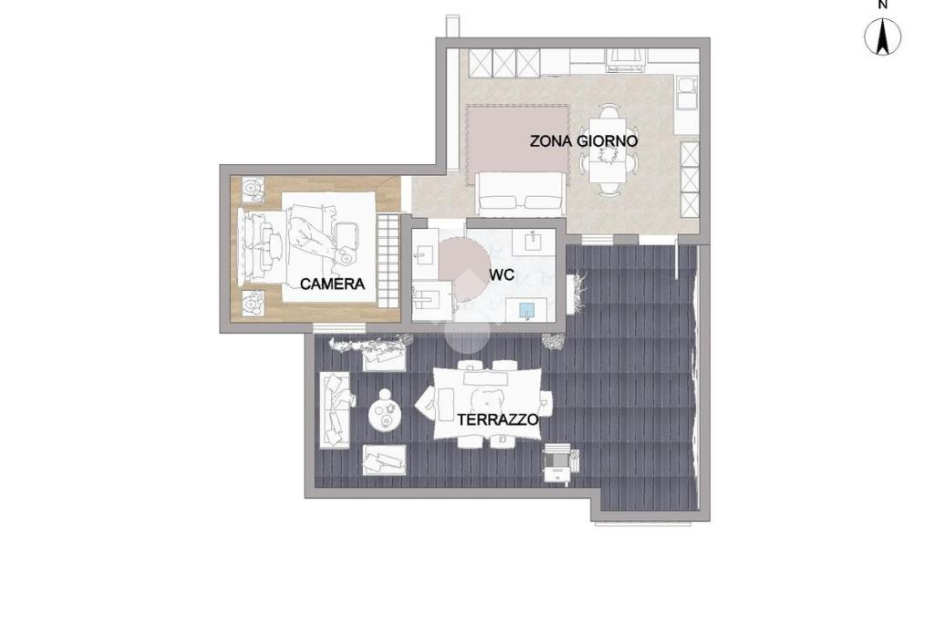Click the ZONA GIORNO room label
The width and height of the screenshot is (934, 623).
pyautogui.click(x=584, y=141)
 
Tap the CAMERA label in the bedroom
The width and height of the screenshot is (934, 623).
pyautogui.click(x=332, y=284)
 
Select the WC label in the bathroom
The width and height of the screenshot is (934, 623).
pyautogui.click(x=502, y=275)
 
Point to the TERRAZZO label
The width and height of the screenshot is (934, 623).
pyautogui.click(x=498, y=420)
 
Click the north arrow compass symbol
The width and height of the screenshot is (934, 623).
pyautogui.click(x=882, y=36)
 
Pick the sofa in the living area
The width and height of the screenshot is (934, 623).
pyautogui.click(x=520, y=193)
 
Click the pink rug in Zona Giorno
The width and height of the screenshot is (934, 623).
pyautogui.click(x=517, y=138)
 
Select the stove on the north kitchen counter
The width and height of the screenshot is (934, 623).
pyautogui.click(x=626, y=57)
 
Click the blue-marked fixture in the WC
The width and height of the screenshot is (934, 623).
pyautogui.click(x=526, y=310)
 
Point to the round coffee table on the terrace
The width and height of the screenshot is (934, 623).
pyautogui.click(x=385, y=412)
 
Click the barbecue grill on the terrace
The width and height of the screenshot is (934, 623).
pyautogui.click(x=560, y=462)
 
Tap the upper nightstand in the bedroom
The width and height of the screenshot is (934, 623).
pyautogui.click(x=254, y=188)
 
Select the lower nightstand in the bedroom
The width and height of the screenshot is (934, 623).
pyautogui.click(x=254, y=302)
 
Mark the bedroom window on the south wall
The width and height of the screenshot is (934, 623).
pyautogui.click(x=339, y=328)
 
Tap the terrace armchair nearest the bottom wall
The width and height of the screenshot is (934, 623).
pyautogui.click(x=384, y=460)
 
